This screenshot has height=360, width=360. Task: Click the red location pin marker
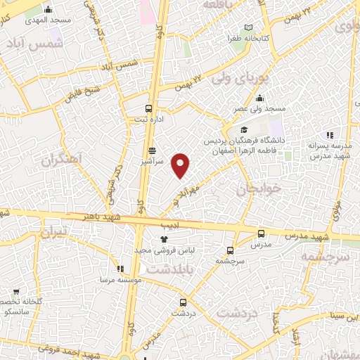click(181, 165)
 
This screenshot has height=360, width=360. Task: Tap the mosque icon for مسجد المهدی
click(49, 10)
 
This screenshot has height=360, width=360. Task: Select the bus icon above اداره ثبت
click(148, 108)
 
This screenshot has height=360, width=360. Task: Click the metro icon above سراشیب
click(152, 151)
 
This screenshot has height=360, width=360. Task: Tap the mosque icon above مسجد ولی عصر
click(260, 98)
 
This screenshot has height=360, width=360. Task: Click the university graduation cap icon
click(243, 130)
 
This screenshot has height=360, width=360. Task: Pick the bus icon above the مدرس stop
click(262, 233)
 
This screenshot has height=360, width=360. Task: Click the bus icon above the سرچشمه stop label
click(230, 250)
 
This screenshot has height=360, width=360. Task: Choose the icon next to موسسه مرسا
click(120, 269)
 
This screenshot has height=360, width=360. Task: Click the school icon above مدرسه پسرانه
click(328, 135)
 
